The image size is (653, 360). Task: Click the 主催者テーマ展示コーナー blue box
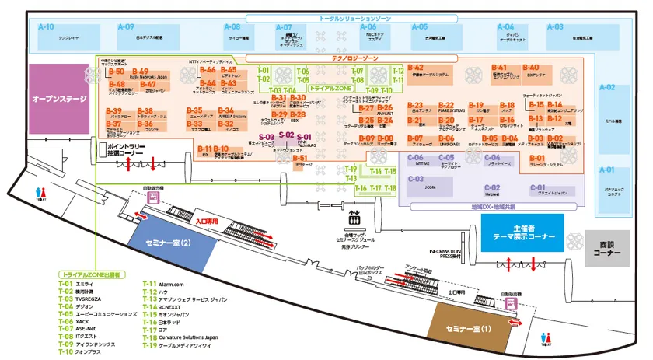(x=528, y=232)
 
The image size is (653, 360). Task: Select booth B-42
(x=416, y=68)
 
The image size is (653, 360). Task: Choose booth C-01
(x=538, y=187)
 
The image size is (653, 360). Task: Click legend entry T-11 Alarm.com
(x=164, y=284)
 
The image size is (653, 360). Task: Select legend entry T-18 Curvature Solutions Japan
(x=186, y=337)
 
